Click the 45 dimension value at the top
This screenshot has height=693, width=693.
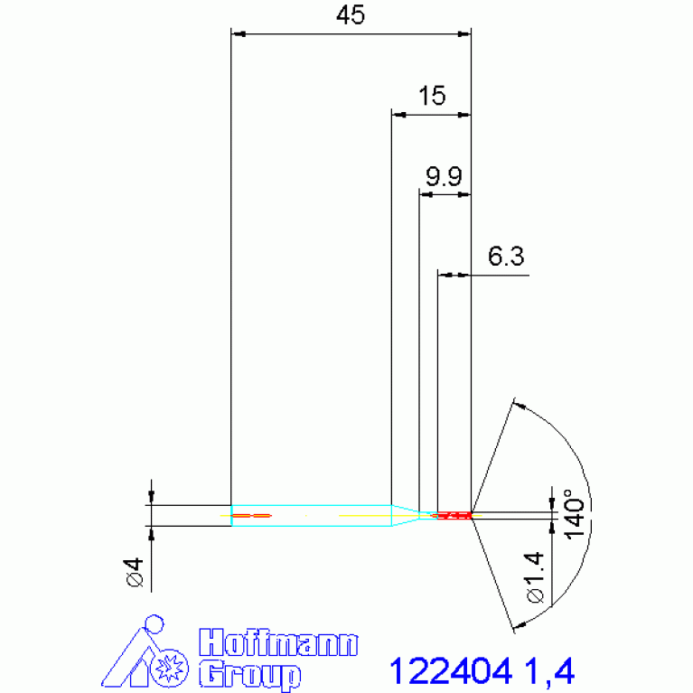click(351, 17)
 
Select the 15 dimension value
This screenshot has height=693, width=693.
click(432, 97)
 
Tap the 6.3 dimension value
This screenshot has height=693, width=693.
click(506, 257)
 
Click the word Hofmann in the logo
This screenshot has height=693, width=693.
click(277, 644)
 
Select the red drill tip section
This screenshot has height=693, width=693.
click(454, 515)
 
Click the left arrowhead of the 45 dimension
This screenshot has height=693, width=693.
click(238, 34)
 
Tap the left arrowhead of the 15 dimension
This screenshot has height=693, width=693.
click(398, 115)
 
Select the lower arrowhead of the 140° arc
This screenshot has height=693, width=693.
click(518, 623)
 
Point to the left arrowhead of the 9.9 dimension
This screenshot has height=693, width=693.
click(426, 194)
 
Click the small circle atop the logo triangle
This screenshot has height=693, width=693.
click(156, 623)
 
